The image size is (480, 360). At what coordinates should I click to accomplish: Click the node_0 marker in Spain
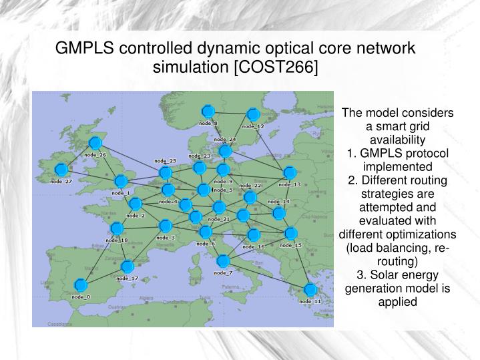pyautogui.click(x=80, y=286)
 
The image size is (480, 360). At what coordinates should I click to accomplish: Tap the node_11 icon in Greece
pyautogui.click(x=310, y=290)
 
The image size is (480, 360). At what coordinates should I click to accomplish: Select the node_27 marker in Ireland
pyautogui.click(x=61, y=170)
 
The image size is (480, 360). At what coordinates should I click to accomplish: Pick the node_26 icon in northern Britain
pyautogui.click(x=95, y=144)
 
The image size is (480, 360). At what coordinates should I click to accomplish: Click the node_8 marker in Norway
pyautogui.click(x=208, y=111)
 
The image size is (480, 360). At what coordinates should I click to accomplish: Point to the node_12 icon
pyautogui.click(x=253, y=115)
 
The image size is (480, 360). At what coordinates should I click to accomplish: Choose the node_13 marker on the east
pyautogui.click(x=289, y=173)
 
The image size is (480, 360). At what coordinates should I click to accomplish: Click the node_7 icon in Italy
pyautogui.click(x=223, y=261)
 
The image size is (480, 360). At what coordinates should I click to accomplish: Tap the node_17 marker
pyautogui.click(x=127, y=267)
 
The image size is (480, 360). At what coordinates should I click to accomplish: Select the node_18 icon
pyautogui.click(x=117, y=228)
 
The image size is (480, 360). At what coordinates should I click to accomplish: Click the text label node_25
pyautogui.click(x=165, y=161)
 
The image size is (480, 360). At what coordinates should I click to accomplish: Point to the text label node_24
pyautogui.click(x=225, y=140)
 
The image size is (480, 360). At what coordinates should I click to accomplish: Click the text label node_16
pyautogui.click(x=254, y=246)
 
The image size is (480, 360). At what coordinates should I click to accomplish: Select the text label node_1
pyautogui.click(x=120, y=194)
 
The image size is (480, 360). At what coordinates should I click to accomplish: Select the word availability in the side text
pyautogui.click(x=397, y=139)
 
